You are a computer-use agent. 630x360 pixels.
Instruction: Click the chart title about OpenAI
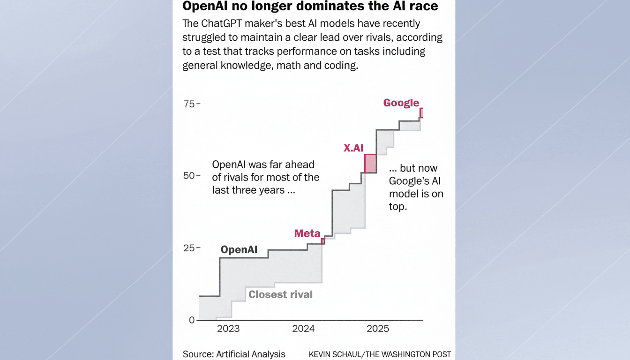pyautogui.click(x=310, y=7)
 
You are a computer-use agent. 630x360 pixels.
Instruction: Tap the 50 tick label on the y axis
pyautogui.click(x=189, y=176)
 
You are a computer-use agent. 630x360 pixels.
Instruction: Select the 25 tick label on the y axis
pyautogui.click(x=189, y=248)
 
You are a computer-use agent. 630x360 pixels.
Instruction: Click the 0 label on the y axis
pyautogui.click(x=191, y=320)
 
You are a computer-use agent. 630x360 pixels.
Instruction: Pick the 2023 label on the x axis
pyautogui.click(x=228, y=329)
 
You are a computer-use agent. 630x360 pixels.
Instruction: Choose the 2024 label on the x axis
pyautogui.click(x=303, y=329)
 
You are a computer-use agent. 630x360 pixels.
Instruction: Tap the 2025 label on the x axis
pyautogui.click(x=378, y=329)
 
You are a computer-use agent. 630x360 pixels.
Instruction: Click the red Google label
pyautogui.click(x=401, y=103)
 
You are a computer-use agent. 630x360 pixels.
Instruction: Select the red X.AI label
pyautogui.click(x=353, y=148)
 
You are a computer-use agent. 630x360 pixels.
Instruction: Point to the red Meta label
pyautogui.click(x=307, y=233)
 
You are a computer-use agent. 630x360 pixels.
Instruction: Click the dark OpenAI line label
pyautogui.click(x=239, y=250)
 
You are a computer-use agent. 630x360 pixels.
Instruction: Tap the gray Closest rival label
pyautogui.click(x=280, y=294)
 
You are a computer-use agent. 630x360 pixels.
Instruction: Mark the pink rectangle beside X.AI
pyautogui.click(x=370, y=164)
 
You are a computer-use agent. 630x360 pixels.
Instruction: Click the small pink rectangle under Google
pyautogui.click(x=421, y=112)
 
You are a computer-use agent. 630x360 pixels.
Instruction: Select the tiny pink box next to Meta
pyautogui.click(x=323, y=241)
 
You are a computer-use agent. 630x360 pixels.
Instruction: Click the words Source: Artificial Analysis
pyautogui.click(x=234, y=354)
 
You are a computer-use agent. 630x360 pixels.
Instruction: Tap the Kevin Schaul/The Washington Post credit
pyautogui.click(x=380, y=354)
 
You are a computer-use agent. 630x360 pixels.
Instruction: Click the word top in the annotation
pyautogui.click(x=397, y=206)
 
